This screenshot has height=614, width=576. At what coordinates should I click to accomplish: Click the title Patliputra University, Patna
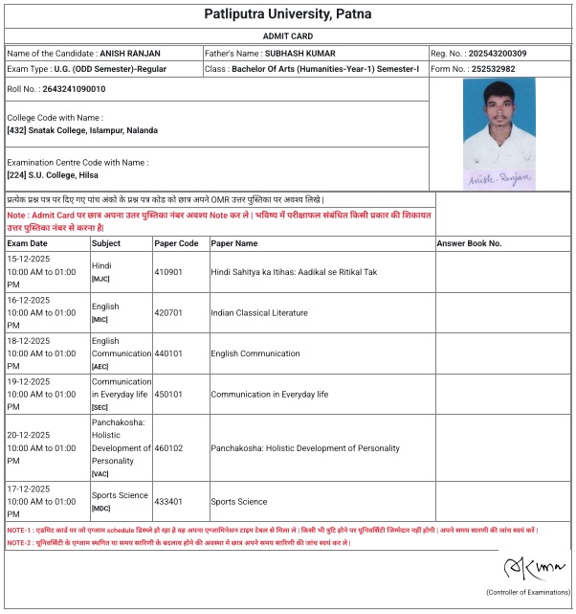(288, 14)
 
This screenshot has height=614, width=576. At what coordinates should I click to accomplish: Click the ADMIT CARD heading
(288, 35)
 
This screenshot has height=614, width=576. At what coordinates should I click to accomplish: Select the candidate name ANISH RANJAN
(131, 54)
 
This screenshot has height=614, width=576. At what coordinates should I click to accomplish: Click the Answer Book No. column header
(469, 244)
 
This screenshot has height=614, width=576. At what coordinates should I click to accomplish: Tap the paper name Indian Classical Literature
(259, 313)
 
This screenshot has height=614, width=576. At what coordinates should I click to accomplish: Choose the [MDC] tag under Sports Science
(101, 509)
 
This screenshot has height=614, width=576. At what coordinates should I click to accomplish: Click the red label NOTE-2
(19, 543)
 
